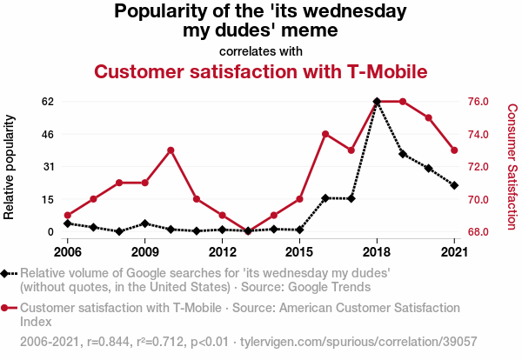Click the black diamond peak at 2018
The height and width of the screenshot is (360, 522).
point(377,102)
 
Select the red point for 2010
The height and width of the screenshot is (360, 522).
point(171,150)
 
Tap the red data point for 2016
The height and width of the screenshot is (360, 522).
point(325,134)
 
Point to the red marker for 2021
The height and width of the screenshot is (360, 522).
point(454,150)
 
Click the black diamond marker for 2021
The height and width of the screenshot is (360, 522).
point(454,185)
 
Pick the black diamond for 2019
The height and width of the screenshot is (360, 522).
point(403,154)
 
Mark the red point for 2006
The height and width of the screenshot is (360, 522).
point(68,216)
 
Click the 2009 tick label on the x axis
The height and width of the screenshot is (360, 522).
point(144,252)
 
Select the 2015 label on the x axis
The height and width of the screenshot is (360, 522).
point(299,252)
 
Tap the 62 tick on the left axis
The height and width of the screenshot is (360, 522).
point(48,102)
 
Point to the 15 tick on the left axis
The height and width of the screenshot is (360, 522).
point(48,199)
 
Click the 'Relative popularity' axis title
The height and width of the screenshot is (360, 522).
point(10,166)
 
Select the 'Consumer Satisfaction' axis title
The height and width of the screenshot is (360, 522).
point(512,166)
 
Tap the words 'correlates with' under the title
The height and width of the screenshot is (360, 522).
point(261,50)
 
